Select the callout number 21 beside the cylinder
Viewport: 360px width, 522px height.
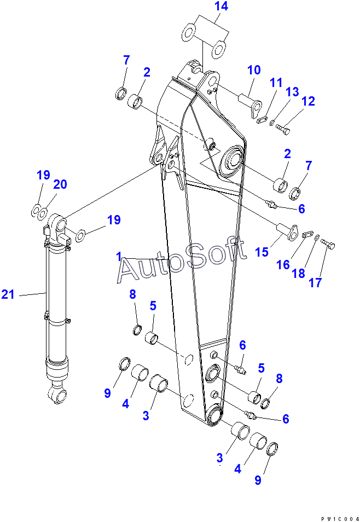pyautogui.click(x=8, y=295)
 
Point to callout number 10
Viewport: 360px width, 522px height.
pyautogui.click(x=254, y=70)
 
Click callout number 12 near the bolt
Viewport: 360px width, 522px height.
pyautogui.click(x=308, y=101)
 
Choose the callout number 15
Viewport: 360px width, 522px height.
pyautogui.click(x=262, y=252)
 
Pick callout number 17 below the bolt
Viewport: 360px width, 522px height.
pyautogui.click(x=316, y=282)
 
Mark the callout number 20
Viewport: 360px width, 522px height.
pyautogui.click(x=60, y=184)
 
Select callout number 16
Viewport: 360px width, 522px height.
pyautogui.click(x=282, y=265)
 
